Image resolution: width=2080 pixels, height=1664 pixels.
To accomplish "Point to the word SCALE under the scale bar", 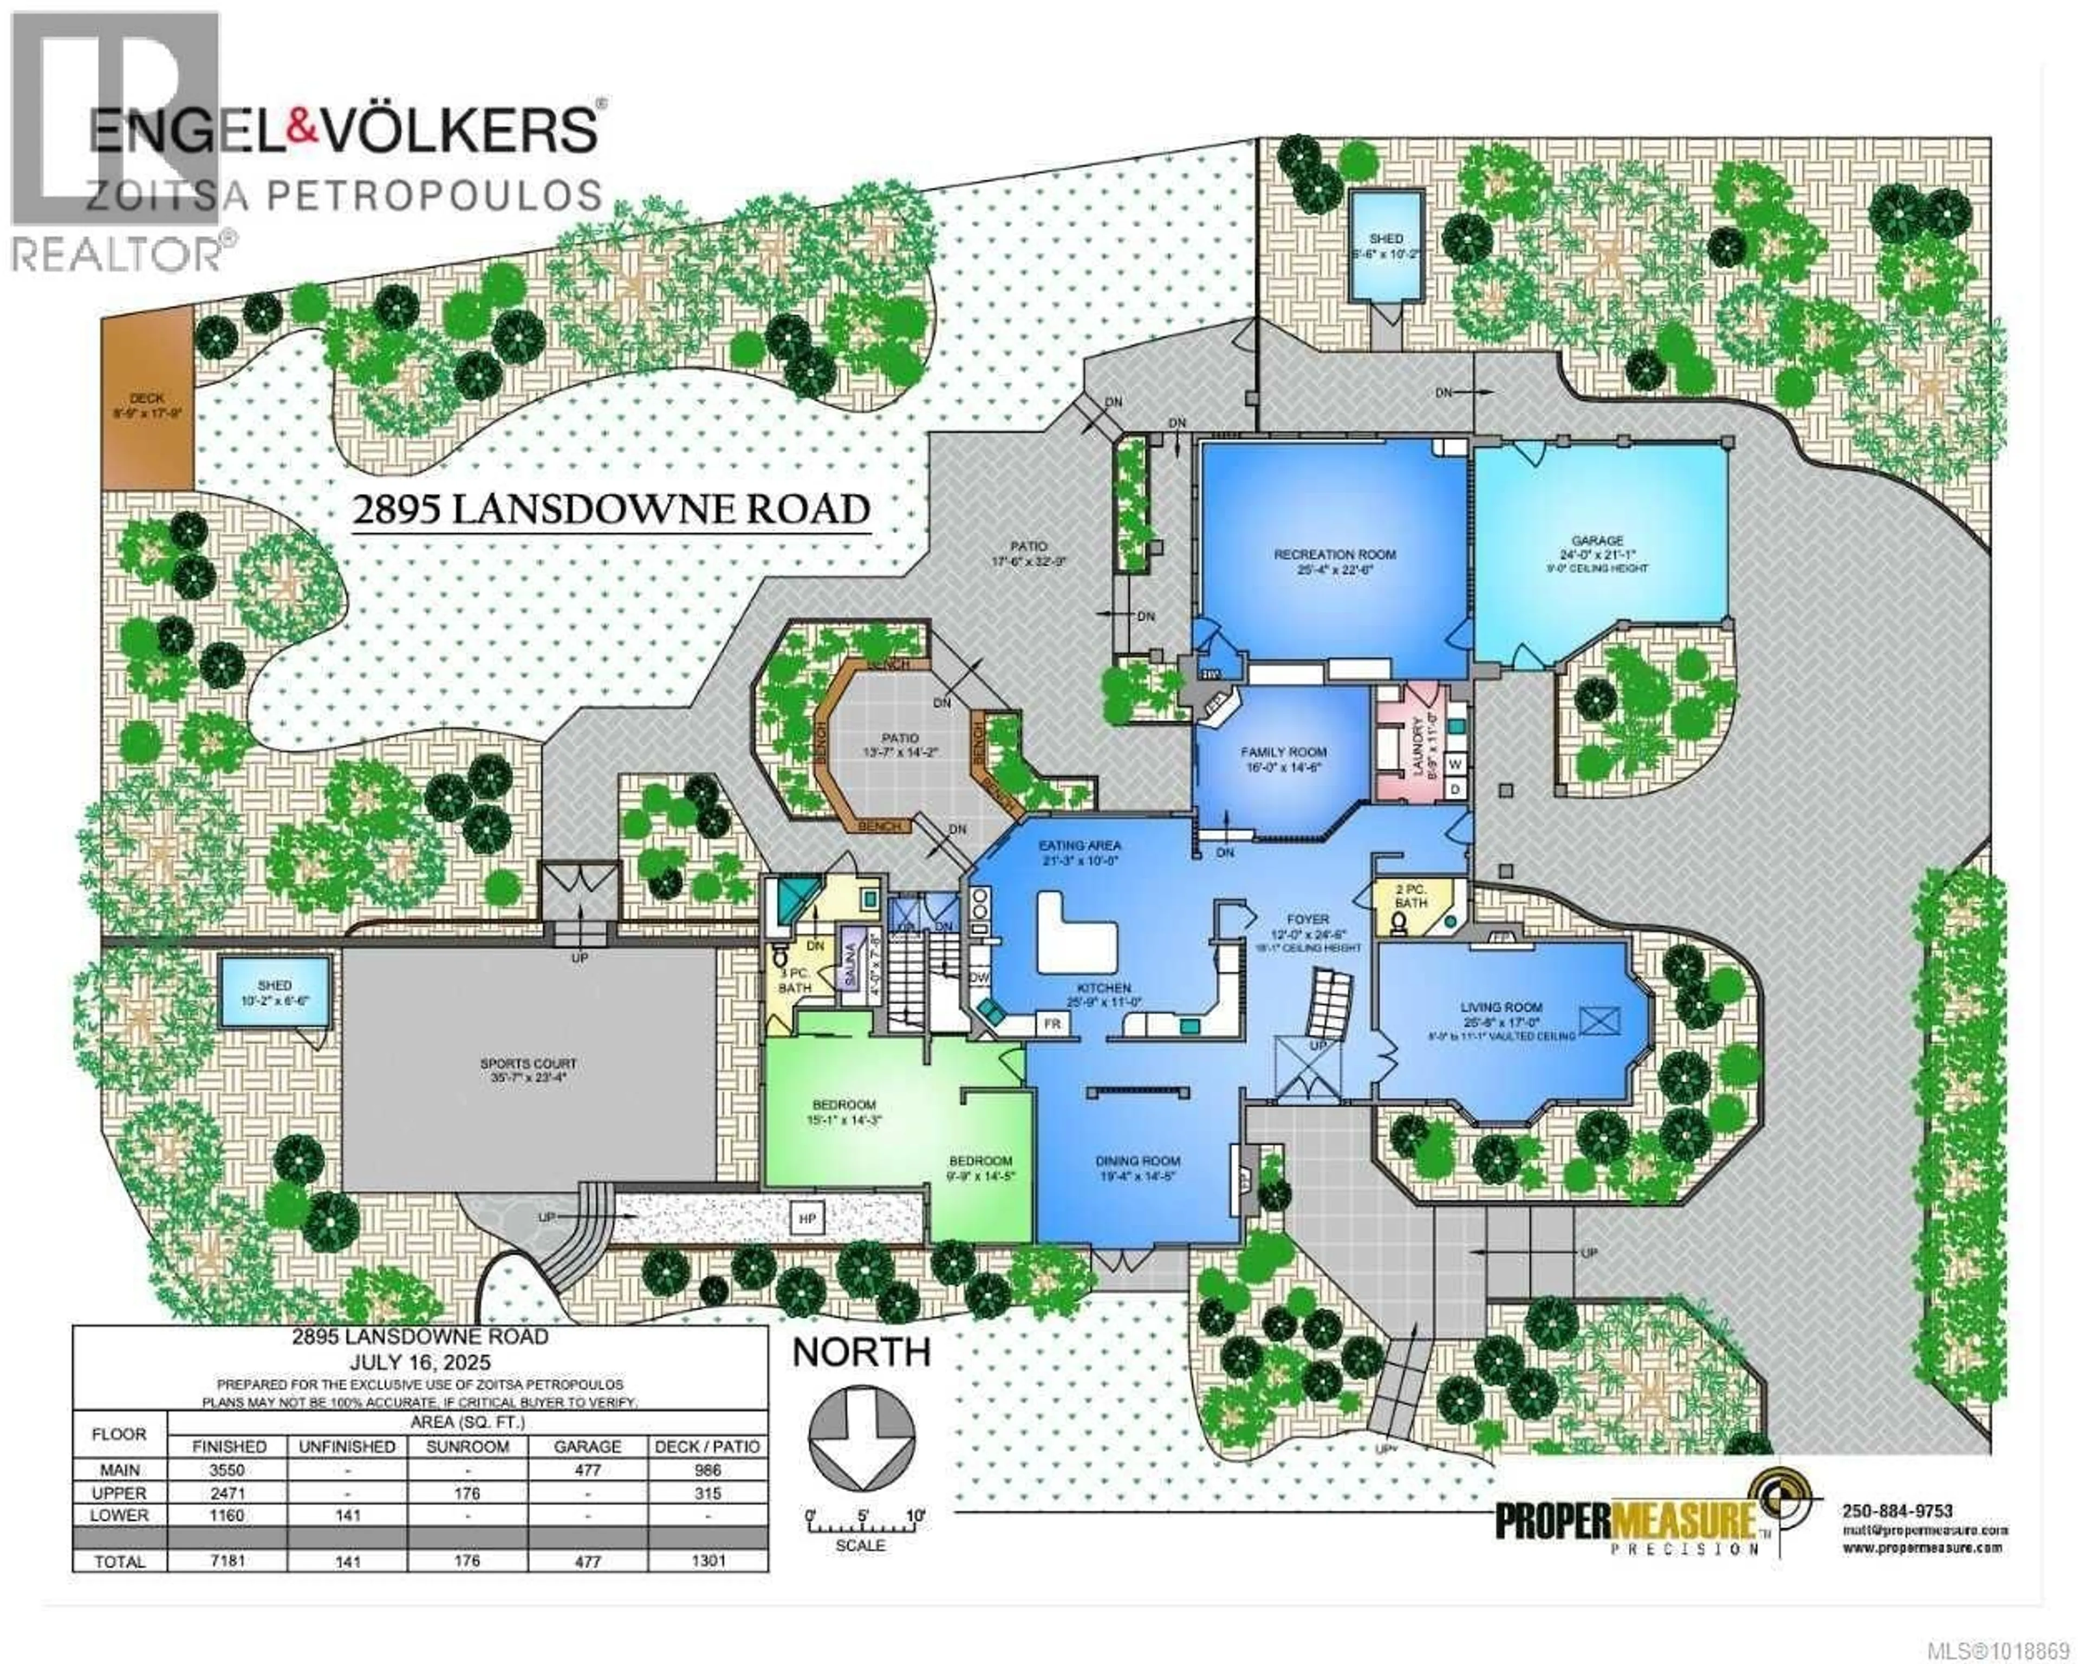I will (x=861, y=1545).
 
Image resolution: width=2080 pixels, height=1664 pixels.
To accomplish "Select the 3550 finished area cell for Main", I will (x=229, y=1470).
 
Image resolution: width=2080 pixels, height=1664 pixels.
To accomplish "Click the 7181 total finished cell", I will (x=229, y=1561).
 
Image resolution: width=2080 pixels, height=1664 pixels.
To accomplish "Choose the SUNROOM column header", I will (x=467, y=1447).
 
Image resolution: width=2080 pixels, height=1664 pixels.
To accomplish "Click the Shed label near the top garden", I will (x=1386, y=238).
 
